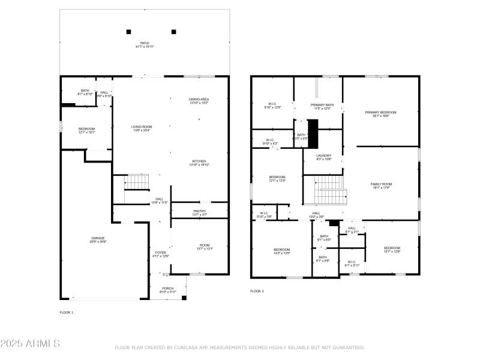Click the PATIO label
click(x=145, y=43)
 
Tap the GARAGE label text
click(x=98, y=239)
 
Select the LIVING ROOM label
click(x=142, y=127)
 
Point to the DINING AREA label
click(x=199, y=99)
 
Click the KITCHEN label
click(x=199, y=161)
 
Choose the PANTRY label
click(x=200, y=211)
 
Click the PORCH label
click(x=168, y=289)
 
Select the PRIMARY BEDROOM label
click(x=381, y=112)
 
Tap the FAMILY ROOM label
click(x=381, y=184)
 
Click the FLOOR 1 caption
click(x=66, y=313)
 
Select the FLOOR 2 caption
click(x=257, y=291)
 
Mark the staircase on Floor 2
click(x=328, y=190)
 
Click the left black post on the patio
click(x=128, y=32)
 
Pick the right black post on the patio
click(x=174, y=32)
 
